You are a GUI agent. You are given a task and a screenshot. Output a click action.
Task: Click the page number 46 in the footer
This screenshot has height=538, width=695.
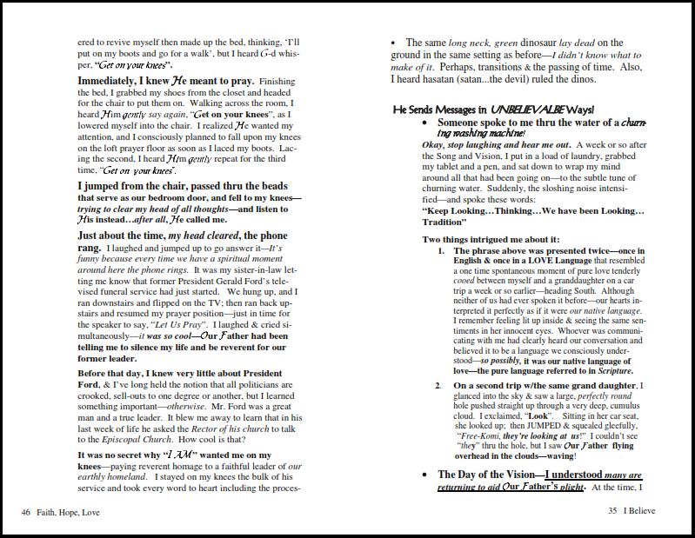tap(26, 512)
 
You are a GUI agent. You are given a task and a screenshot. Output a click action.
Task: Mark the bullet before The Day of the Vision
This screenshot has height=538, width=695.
tap(424, 475)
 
